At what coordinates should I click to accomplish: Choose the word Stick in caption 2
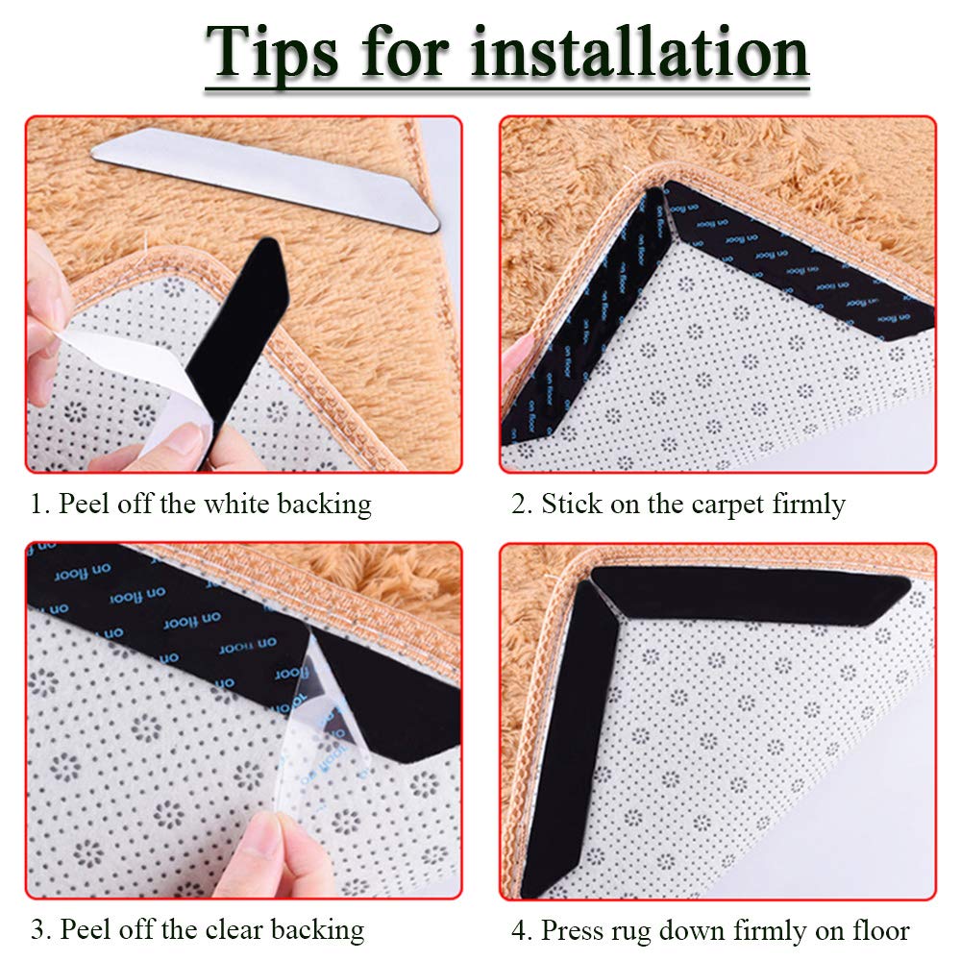pyautogui.click(x=571, y=504)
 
